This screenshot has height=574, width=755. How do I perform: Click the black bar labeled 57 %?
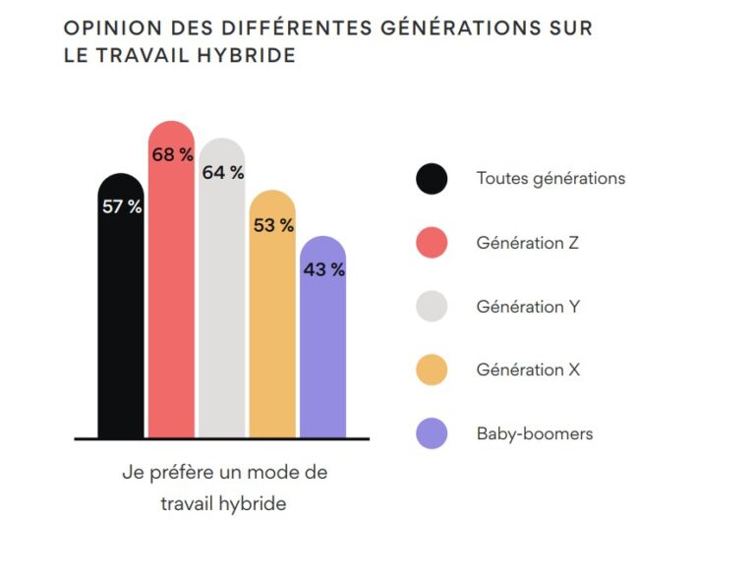(x=121, y=315)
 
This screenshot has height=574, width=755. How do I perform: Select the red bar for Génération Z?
(x=171, y=295)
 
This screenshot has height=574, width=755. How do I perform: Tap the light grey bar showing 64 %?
(x=222, y=305)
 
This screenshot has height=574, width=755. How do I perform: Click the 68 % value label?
(x=172, y=154)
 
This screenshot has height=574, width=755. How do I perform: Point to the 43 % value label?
(x=323, y=269)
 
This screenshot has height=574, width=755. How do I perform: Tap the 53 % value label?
(x=273, y=225)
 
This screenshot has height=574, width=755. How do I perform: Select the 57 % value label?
(x=122, y=207)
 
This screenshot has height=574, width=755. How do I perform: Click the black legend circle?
(x=432, y=179)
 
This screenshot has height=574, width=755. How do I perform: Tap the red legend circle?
(x=432, y=243)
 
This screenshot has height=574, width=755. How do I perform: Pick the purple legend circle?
(x=432, y=433)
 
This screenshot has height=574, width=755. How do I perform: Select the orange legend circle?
(x=432, y=370)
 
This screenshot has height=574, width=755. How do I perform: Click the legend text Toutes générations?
(x=551, y=179)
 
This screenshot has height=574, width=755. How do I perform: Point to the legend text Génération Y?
(x=528, y=307)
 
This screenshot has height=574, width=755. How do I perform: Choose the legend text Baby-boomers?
(x=534, y=433)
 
